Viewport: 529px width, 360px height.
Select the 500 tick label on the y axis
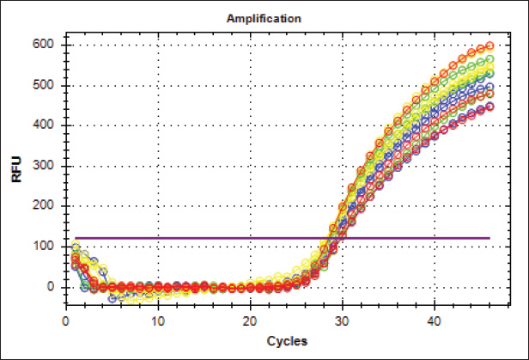point(48,86)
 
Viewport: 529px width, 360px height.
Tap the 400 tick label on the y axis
point(48,126)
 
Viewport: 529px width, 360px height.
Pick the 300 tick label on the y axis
point(48,167)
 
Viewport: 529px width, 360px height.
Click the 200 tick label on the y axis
point(48,207)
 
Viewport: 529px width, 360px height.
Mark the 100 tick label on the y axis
point(48,247)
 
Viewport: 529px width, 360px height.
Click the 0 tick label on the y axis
point(54,287)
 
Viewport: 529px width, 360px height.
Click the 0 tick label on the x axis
point(65,320)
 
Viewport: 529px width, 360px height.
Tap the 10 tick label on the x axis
point(157,320)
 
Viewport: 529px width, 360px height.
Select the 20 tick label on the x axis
point(250,320)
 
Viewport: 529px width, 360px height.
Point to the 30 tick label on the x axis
point(342,320)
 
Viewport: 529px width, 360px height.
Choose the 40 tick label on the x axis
point(435,320)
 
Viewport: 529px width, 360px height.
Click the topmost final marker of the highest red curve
point(489,46)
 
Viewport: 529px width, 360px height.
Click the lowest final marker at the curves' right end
point(489,107)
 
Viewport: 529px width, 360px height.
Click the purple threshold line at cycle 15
point(204,238)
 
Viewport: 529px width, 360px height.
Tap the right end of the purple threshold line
point(489,238)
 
